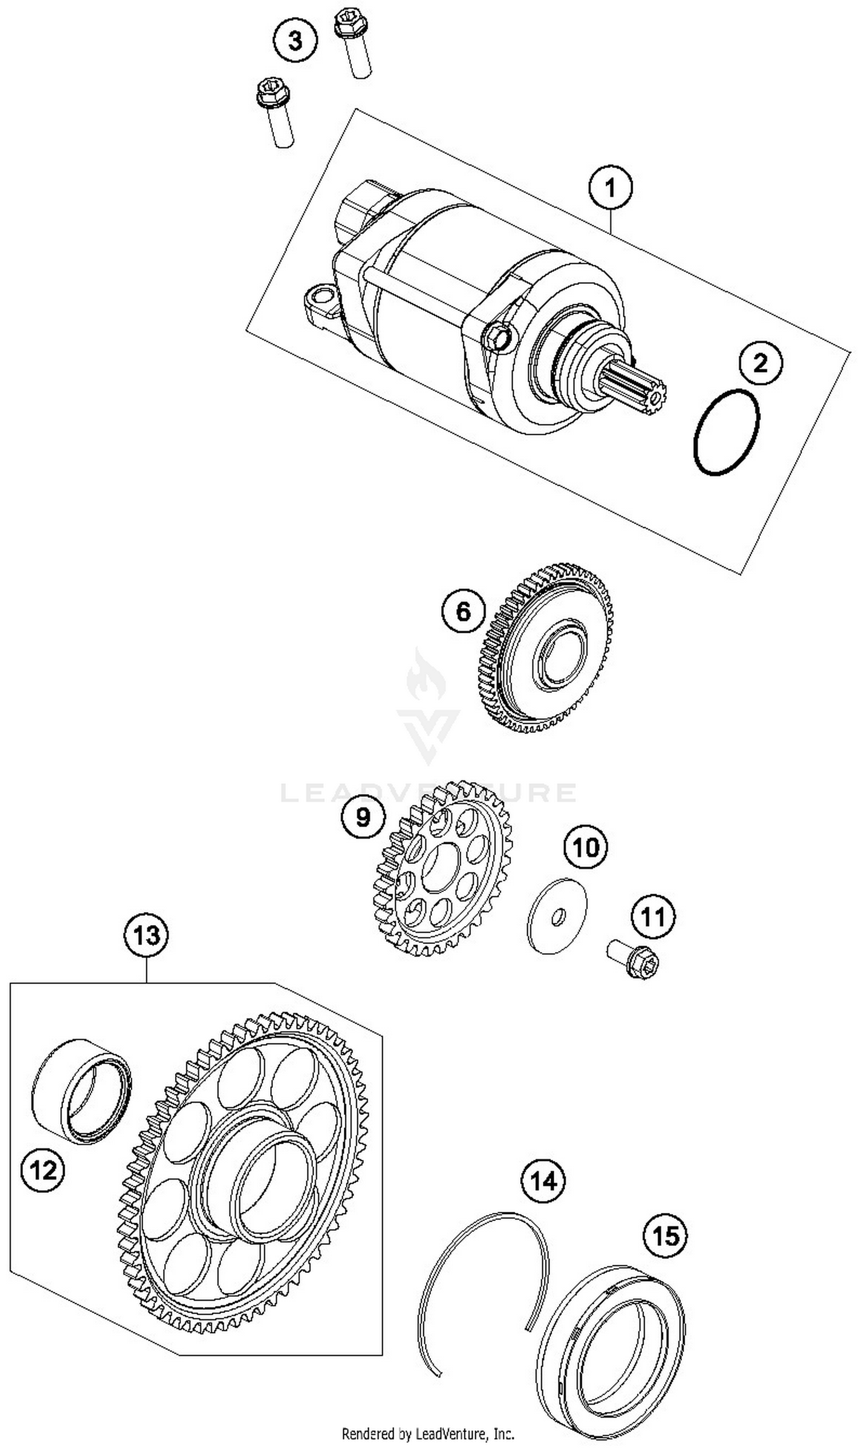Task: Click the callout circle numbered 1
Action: click(x=610, y=187)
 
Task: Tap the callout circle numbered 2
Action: click(x=760, y=363)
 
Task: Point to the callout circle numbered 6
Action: click(x=464, y=612)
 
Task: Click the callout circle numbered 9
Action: click(x=363, y=817)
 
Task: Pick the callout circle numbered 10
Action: click(x=586, y=848)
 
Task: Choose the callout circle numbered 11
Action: click(x=653, y=917)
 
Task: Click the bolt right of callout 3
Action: click(x=353, y=43)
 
